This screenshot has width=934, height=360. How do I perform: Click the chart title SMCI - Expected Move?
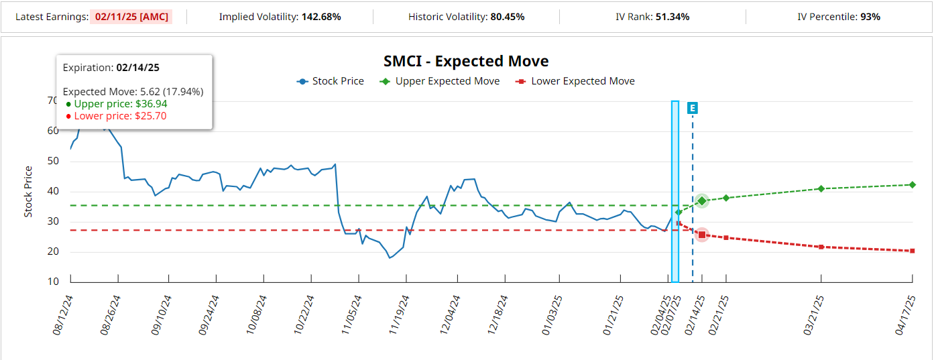(x=466, y=62)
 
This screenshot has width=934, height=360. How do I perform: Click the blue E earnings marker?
(x=693, y=108)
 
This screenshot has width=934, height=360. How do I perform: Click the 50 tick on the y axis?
(x=53, y=162)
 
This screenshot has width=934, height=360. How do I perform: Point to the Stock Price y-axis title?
(x=28, y=191)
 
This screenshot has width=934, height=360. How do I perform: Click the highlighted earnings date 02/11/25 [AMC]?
(x=131, y=16)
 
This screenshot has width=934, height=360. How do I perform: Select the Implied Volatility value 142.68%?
(x=321, y=16)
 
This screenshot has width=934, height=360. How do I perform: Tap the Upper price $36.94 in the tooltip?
(x=120, y=104)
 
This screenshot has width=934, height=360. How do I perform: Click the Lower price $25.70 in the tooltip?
(x=120, y=116)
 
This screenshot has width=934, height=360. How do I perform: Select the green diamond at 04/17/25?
(x=913, y=184)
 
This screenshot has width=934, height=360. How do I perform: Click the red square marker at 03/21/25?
(x=821, y=247)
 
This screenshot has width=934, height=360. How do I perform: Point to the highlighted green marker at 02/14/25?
(x=702, y=201)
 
